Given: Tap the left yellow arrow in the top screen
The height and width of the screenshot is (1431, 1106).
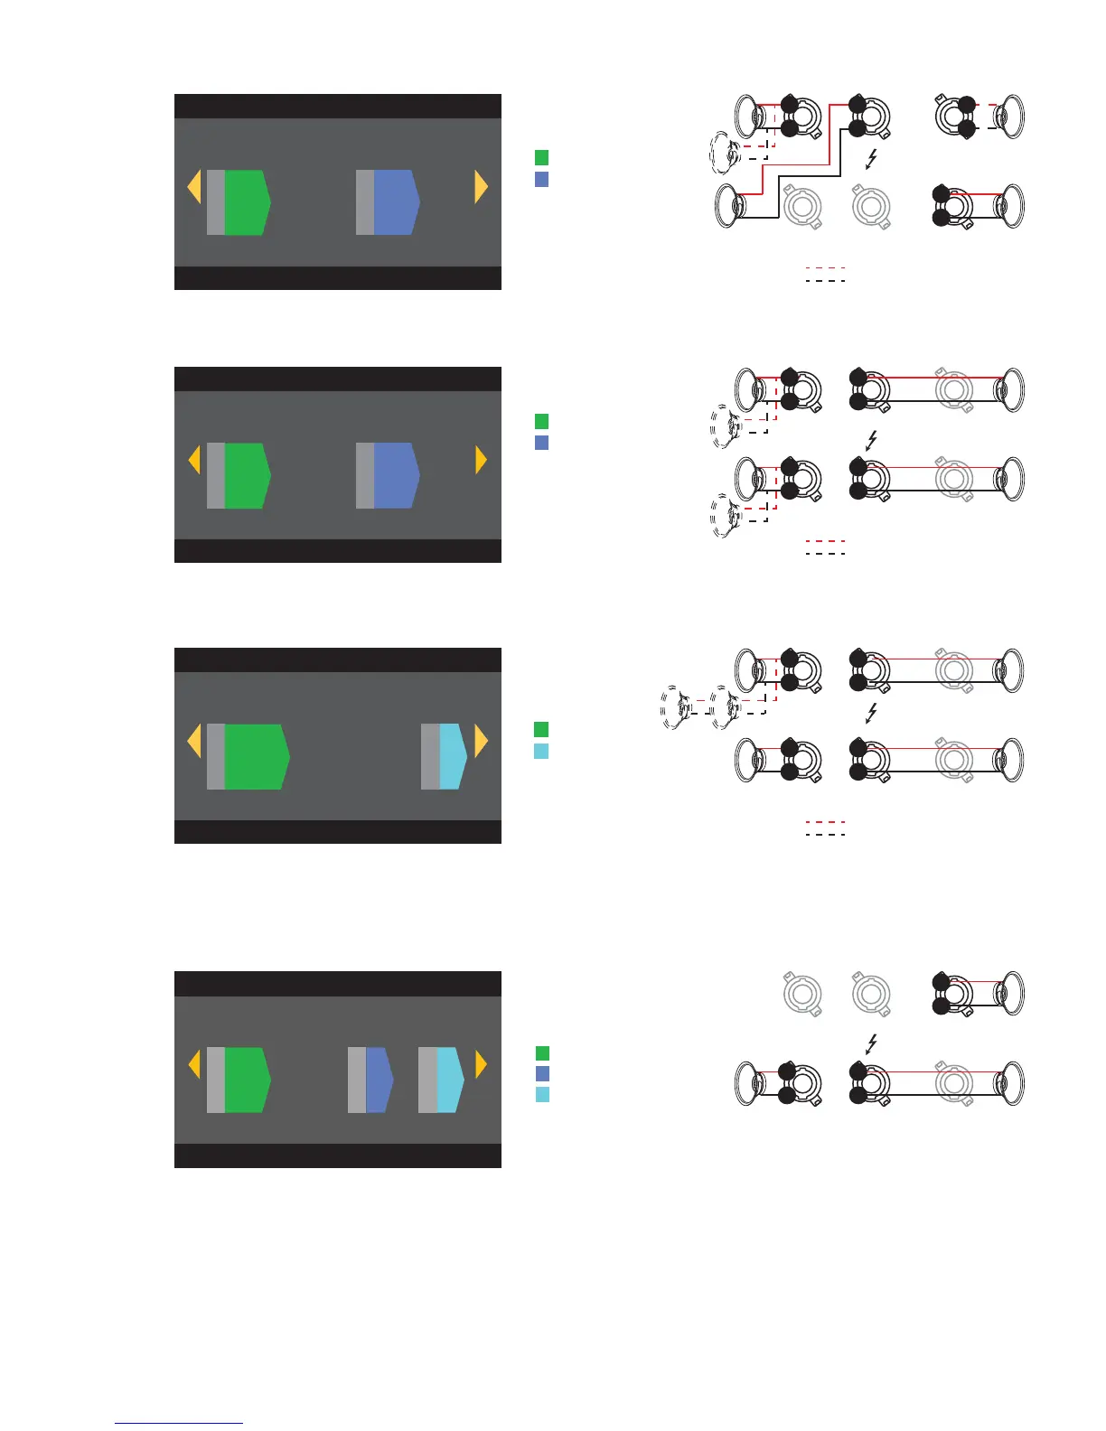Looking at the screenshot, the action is coord(193,188).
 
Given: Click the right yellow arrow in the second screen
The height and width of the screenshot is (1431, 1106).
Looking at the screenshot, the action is coord(481,461).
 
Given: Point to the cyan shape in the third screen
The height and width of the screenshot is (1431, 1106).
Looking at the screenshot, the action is coord(452,756).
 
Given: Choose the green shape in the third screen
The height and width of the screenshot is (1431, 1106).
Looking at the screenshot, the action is coord(256,756).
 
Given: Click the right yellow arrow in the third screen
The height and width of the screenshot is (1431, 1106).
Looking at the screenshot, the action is coord(481,741).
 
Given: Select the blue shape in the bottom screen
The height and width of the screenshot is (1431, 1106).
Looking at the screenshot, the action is coord(378,1080).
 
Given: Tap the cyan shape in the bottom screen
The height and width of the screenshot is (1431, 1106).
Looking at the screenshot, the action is coord(449,1080).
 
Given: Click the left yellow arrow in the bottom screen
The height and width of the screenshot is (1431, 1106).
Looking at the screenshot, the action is coord(193,1064).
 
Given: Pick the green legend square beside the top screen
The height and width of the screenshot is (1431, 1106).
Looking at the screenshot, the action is coord(542,158).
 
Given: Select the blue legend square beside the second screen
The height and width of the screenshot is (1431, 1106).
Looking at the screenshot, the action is coord(542,443).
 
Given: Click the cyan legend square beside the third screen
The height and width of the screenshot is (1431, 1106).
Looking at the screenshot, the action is coord(542,752).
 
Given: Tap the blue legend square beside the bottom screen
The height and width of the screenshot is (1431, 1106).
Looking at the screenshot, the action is coord(542,1073).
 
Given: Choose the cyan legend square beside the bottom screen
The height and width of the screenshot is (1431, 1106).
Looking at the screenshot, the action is coord(542,1095).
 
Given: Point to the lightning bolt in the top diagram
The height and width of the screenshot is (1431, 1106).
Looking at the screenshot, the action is coord(871,160).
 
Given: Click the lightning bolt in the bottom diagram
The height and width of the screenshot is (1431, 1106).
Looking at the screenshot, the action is coord(871,1044).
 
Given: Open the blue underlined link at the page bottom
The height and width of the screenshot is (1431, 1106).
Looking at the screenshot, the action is coord(179,1423).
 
